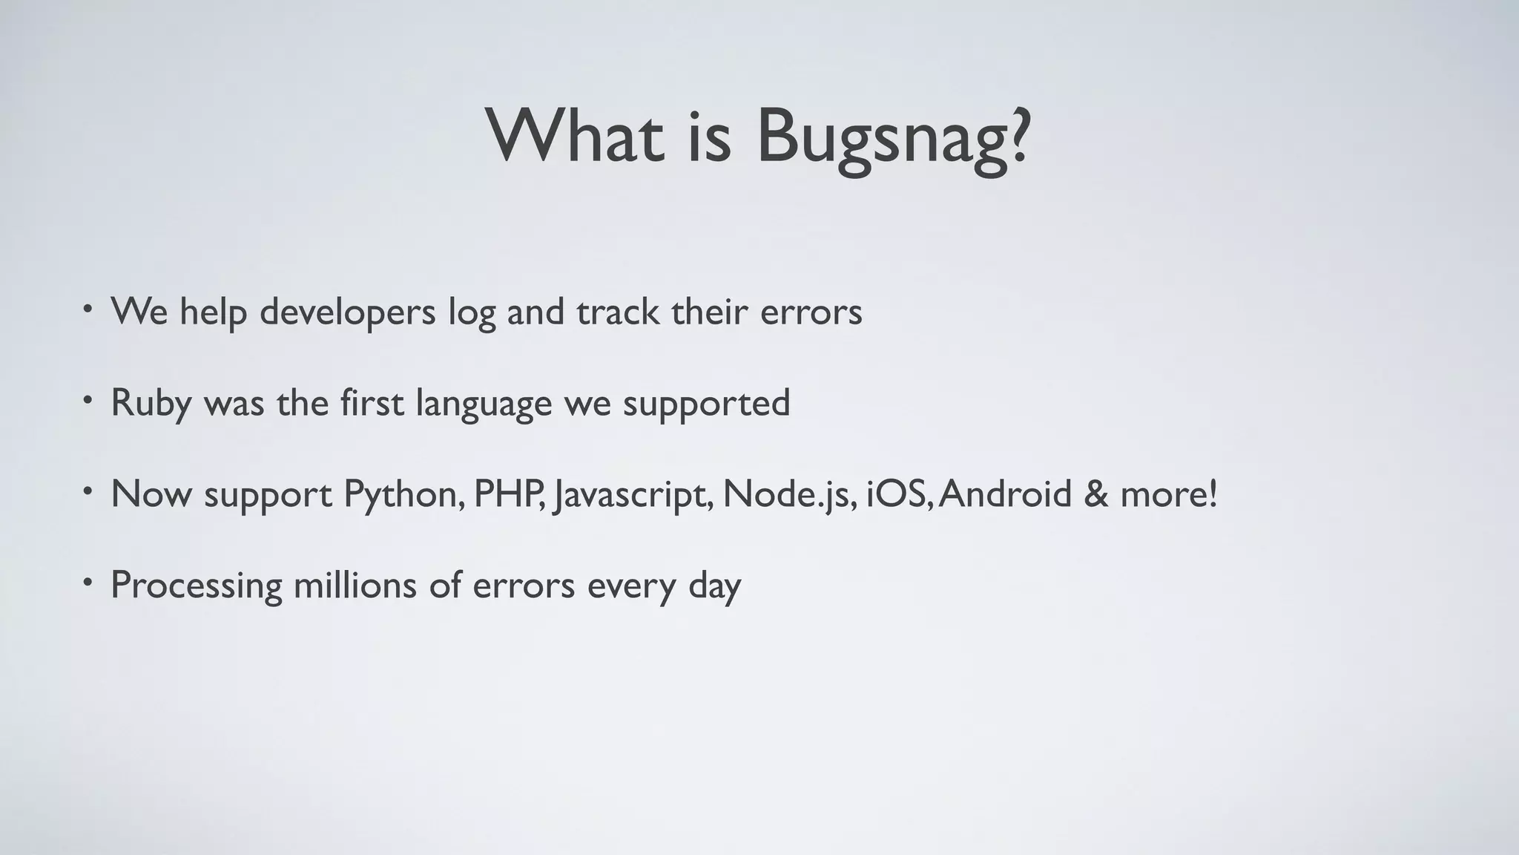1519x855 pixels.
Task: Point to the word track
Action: point(618,312)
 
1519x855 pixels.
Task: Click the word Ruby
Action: point(151,404)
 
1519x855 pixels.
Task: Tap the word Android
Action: point(1006,494)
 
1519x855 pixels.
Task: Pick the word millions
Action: point(355,585)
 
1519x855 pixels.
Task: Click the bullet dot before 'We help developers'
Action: point(88,308)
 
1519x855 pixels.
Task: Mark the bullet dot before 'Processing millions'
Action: point(88,581)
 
